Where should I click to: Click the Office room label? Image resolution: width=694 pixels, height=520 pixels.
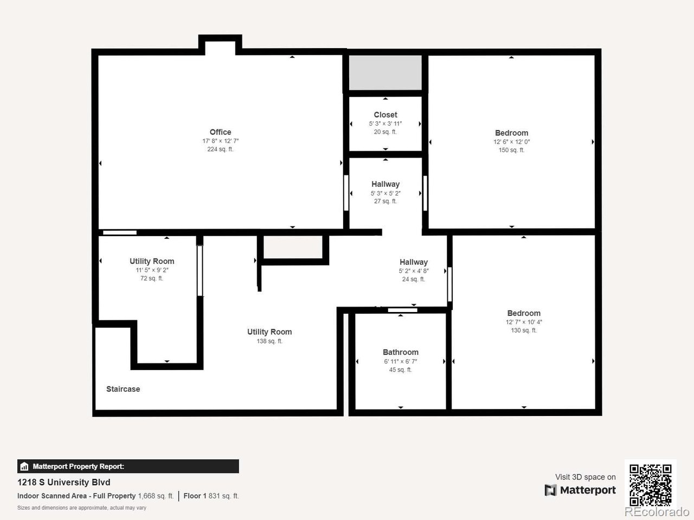[220, 132]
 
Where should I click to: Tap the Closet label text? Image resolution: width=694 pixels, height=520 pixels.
[385, 115]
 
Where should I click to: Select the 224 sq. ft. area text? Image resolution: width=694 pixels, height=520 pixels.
[220, 149]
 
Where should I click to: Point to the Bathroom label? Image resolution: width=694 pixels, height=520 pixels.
[401, 352]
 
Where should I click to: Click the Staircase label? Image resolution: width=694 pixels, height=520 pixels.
[123, 389]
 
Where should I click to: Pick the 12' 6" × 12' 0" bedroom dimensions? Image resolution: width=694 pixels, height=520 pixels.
[512, 142]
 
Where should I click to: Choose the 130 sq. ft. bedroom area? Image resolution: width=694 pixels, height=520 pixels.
[524, 330]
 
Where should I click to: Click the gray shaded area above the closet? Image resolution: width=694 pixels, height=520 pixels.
[385, 73]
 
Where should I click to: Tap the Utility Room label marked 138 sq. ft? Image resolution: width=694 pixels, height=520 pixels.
[269, 332]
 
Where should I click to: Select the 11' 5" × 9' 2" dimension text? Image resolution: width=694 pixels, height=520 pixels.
[152, 270]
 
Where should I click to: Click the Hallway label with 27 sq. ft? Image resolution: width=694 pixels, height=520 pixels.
[385, 184]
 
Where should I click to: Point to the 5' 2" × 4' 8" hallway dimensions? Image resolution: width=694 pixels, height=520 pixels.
[414, 271]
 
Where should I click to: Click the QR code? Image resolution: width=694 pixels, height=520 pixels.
[651, 485]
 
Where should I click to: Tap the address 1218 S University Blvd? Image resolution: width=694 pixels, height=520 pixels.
[64, 483]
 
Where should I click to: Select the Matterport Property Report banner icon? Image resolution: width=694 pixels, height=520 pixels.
[24, 466]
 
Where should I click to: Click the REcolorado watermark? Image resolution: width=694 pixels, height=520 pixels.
[657, 511]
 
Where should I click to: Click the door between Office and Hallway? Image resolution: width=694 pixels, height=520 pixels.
[346, 193]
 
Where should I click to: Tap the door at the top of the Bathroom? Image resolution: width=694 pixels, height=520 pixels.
[402, 310]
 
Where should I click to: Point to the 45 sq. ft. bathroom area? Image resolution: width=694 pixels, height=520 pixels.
[401, 370]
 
